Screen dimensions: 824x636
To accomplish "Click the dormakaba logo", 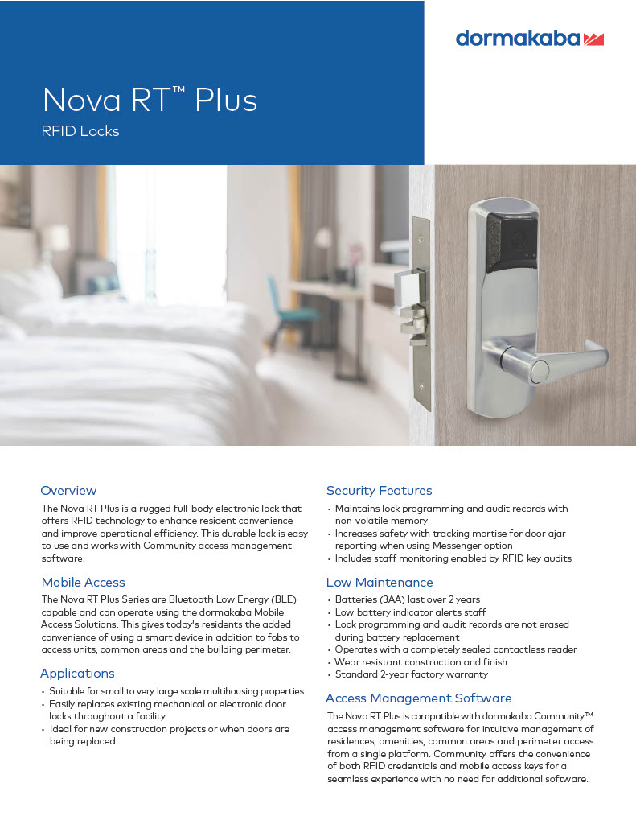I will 529,38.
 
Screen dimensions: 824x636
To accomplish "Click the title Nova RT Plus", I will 150,101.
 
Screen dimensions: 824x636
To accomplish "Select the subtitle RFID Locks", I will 80,131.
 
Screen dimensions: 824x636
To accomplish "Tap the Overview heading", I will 68,491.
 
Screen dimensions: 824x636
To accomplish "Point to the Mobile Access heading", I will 83,583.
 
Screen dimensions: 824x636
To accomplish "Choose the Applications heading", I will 77,674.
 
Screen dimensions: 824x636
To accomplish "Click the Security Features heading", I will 379,491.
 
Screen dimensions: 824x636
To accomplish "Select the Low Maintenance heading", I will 379,583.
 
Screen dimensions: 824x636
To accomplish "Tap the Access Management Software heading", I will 418,698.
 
